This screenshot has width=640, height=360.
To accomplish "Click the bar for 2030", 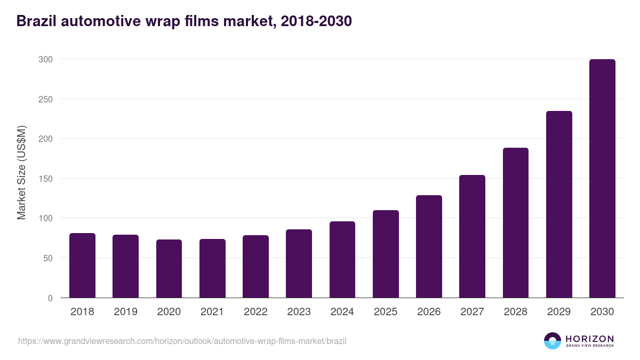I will (x=602, y=179).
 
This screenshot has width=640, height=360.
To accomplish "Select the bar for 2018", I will (x=82, y=266).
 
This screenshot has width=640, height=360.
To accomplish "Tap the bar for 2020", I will (x=169, y=269).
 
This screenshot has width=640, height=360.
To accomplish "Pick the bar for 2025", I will (x=386, y=254).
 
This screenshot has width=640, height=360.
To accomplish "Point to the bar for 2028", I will (x=516, y=223).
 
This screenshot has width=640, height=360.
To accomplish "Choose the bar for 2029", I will (x=559, y=204).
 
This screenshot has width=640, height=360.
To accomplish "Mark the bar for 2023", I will (x=299, y=263).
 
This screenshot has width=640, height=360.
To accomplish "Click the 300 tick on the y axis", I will (x=45, y=59).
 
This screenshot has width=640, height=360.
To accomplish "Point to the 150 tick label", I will (x=45, y=179).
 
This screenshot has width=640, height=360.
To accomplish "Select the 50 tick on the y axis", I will (x=47, y=258).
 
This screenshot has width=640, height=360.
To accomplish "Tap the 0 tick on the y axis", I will (x=50, y=298).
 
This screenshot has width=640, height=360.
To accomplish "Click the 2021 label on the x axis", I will (x=212, y=312).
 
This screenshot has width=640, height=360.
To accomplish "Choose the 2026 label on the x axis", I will (x=429, y=312).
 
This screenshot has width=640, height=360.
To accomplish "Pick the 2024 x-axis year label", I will (x=342, y=312).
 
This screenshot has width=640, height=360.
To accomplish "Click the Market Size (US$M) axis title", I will (x=21, y=173).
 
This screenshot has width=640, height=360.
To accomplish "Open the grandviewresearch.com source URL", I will (x=182, y=341).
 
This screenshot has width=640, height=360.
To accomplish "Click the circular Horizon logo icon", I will (x=553, y=341).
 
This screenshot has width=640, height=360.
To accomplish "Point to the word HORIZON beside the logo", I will (x=589, y=339).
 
